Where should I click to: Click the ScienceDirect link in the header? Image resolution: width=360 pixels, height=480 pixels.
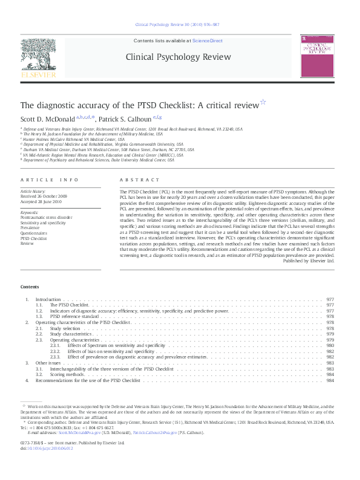click(x=208, y=41)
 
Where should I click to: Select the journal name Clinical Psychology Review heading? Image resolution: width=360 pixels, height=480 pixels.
click(x=178, y=57)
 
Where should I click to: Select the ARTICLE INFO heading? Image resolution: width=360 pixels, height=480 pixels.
click(x=50, y=180)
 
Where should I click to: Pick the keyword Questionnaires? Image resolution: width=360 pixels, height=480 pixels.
click(x=34, y=233)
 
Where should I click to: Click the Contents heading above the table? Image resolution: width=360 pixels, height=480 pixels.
click(x=30, y=287)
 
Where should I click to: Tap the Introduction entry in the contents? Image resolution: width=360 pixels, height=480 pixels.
click(x=48, y=300)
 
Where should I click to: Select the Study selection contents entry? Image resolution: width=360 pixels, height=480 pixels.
click(x=64, y=328)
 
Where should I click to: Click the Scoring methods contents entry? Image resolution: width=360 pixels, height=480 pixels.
click(x=66, y=374)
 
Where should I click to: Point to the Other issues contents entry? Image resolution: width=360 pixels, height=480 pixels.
click(x=48, y=363)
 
